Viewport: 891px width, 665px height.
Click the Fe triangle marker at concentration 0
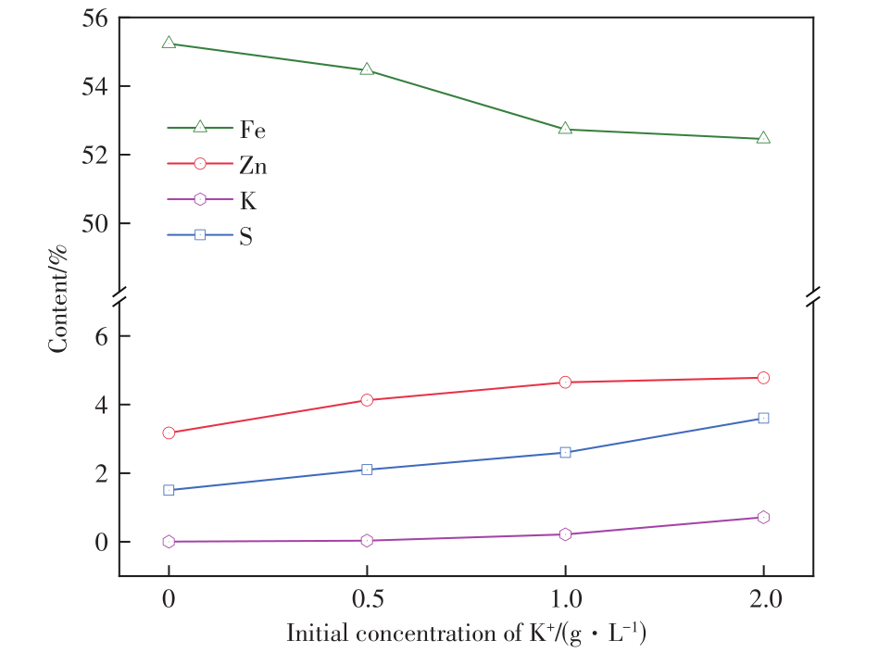[x=169, y=43]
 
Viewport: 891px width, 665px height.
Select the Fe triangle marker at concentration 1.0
[x=565, y=129]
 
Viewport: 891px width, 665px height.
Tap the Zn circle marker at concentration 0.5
[x=367, y=400]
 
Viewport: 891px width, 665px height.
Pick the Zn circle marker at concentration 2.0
[x=763, y=378]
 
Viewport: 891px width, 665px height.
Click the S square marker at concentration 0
[x=169, y=490]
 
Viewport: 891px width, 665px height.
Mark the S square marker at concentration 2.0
[x=763, y=418]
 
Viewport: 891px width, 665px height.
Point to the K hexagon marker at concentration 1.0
[x=565, y=534]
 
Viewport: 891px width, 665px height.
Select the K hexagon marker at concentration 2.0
[x=763, y=518]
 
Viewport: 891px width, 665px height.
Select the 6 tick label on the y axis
[x=100, y=336]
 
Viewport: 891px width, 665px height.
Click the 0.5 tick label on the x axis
[x=367, y=599]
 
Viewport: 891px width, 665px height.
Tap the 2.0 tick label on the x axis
[x=763, y=599]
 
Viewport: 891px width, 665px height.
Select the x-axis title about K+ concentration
[x=466, y=634]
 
